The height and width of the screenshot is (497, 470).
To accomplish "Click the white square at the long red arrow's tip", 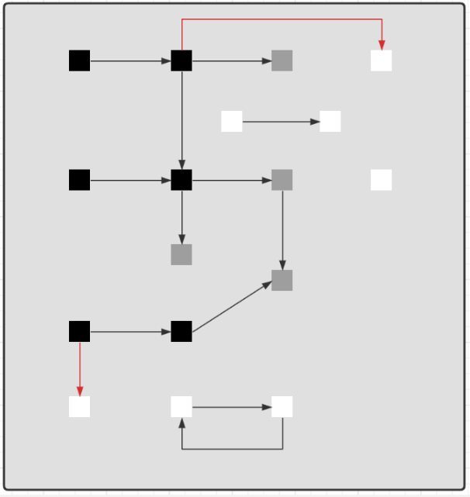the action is coord(381,60).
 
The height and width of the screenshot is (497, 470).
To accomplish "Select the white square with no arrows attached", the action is coord(381,180).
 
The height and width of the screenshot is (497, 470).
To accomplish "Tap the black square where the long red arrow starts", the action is coord(181,60).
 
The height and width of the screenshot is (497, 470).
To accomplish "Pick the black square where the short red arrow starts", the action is coord(79,331).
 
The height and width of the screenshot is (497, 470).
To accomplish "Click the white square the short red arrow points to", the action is coord(79,407).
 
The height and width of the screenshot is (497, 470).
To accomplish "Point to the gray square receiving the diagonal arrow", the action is coord(282,281).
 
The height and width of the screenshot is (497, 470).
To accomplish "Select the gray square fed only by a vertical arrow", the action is coord(181,254).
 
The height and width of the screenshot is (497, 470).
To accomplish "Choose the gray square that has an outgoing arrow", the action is coord(282,180).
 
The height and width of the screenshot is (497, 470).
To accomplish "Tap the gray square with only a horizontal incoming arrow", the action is coord(282,60).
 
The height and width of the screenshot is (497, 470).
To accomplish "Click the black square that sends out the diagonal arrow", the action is coord(181,331).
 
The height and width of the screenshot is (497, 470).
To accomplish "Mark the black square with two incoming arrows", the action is coord(181,180).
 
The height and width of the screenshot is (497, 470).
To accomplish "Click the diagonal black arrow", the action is coord(232,306).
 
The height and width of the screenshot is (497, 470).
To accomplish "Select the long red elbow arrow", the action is coord(282,19).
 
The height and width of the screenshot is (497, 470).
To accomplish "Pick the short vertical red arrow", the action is coord(79,369).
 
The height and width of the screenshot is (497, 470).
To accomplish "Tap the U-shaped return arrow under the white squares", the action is coord(232,449).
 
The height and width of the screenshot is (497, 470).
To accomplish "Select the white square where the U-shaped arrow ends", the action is coord(181,407).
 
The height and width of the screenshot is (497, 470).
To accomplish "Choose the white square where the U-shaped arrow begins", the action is coord(282,407).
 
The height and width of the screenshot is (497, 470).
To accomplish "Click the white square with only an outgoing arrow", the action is coord(232,122).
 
